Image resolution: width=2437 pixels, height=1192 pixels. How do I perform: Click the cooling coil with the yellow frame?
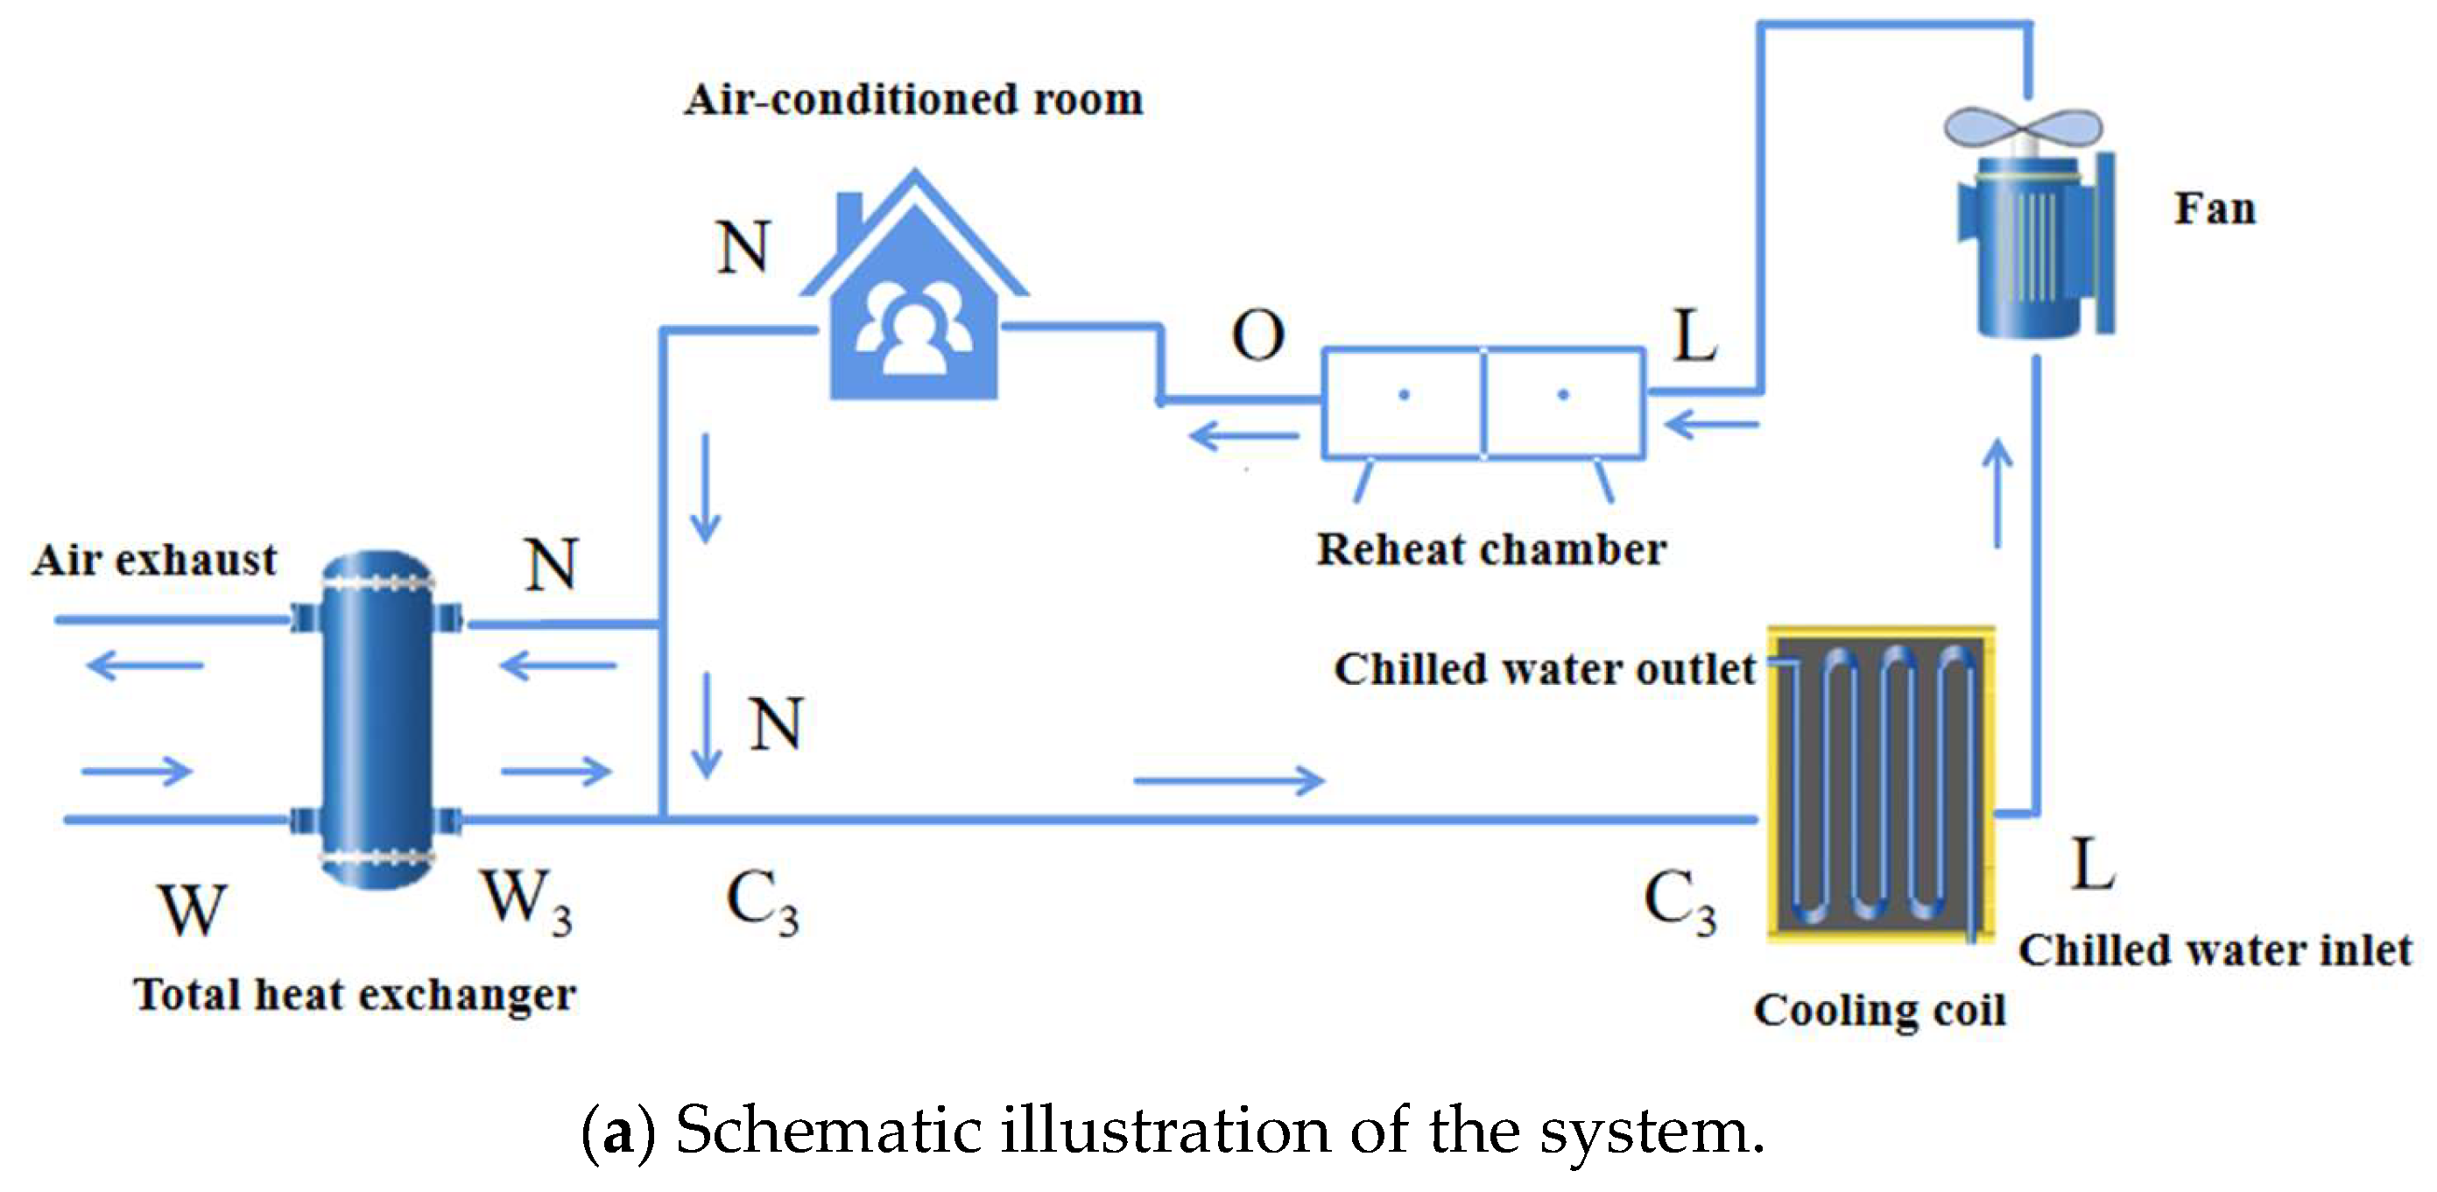pyautogui.click(x=1881, y=783)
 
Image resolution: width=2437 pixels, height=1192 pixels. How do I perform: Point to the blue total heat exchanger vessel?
pyautogui.click(x=377, y=719)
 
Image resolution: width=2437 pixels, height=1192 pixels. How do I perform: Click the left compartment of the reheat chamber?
pyautogui.click(x=1402, y=403)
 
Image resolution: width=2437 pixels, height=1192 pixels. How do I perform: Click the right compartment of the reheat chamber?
pyautogui.click(x=1564, y=403)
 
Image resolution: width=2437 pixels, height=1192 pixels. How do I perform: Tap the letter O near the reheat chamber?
pyautogui.click(x=1257, y=335)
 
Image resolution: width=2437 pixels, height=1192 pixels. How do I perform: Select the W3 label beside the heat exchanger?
pyautogui.click(x=527, y=900)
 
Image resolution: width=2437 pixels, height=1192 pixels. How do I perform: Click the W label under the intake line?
pyautogui.click(x=193, y=910)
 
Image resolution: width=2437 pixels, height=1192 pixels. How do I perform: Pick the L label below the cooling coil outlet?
pyautogui.click(x=2092, y=864)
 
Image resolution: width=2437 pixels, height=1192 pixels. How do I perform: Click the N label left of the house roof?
pyautogui.click(x=743, y=248)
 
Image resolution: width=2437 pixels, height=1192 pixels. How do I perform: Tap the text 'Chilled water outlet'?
pyautogui.click(x=1544, y=670)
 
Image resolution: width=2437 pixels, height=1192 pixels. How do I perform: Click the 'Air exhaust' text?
pyautogui.click(x=154, y=560)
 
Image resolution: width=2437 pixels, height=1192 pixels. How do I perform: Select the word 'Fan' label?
pyautogui.click(x=2214, y=209)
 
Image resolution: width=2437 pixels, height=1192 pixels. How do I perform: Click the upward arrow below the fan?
pyautogui.click(x=1998, y=494)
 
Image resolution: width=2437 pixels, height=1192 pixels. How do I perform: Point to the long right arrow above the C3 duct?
pyautogui.click(x=1228, y=780)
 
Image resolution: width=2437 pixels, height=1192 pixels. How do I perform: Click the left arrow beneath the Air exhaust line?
pyautogui.click(x=144, y=665)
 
